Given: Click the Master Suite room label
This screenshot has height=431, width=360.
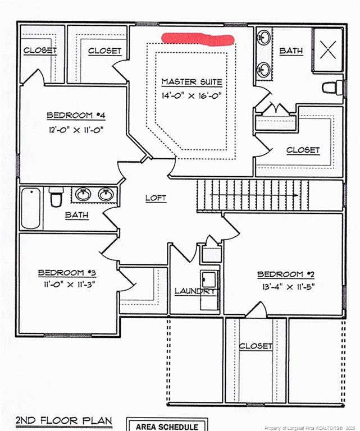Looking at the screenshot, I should coord(192,82).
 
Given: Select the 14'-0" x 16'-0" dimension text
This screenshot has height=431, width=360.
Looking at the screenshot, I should coord(192,95).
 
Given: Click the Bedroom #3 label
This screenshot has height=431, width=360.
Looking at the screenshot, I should coord(67,273).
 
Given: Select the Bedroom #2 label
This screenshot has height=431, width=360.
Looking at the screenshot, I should coord(284,274).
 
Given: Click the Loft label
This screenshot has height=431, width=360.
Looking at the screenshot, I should coord(156,198).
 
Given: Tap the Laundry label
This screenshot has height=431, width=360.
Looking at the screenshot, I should coord(194,291).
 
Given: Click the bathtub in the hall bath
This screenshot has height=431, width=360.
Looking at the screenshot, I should coord(31,208).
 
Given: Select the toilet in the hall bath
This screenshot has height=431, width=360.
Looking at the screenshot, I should coord(56,197).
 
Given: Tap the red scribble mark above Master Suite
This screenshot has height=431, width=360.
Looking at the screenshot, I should coord(197,39).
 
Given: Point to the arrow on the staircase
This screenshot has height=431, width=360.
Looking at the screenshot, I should coord(256,195).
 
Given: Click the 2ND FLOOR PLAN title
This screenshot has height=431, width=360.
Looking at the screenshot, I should coord(63,420).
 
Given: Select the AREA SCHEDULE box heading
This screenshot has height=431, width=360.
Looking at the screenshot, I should coord(167,427).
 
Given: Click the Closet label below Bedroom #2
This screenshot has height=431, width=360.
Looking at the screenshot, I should coord(256,346).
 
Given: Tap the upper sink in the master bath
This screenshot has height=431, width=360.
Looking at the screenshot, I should coord(263,38).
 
